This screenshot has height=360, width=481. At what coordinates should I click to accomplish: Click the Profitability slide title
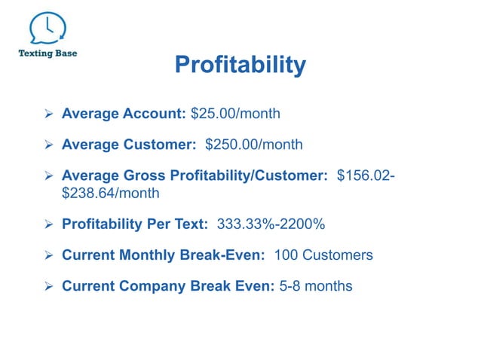click(240, 66)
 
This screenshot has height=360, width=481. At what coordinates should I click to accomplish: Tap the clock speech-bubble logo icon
click(44, 27)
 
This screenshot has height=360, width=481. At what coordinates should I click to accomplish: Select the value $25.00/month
click(235, 114)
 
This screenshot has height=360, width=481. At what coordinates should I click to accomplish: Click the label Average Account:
click(124, 114)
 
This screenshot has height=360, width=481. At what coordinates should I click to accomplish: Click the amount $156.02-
click(366, 176)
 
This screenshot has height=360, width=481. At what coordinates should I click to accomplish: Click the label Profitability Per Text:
click(134, 224)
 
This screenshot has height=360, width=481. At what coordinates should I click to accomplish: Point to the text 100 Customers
click(323, 255)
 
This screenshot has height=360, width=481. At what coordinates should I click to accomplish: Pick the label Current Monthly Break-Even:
click(163, 255)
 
